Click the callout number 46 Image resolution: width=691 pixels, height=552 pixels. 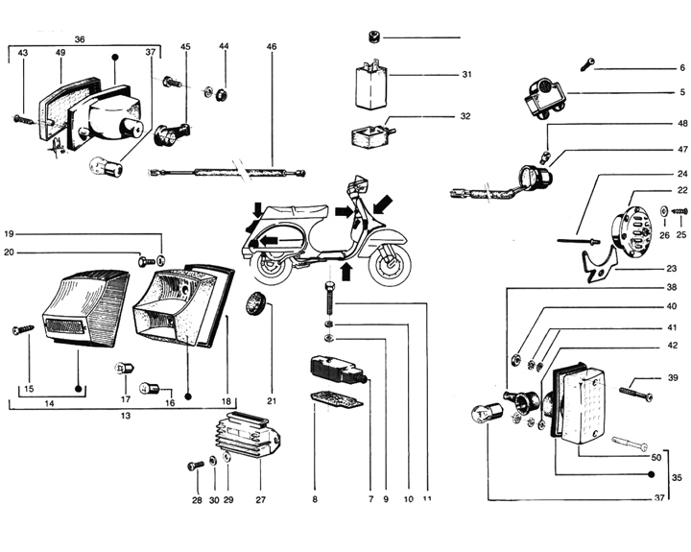click(272, 47)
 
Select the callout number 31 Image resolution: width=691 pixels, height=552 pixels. click(466, 75)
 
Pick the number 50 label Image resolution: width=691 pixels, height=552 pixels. click(656, 457)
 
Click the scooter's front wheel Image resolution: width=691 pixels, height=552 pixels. click(392, 261)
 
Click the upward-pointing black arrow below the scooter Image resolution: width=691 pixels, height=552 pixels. click(346, 271)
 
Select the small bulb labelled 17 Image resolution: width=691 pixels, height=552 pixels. click(123, 368)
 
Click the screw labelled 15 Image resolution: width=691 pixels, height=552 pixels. click(22, 330)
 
